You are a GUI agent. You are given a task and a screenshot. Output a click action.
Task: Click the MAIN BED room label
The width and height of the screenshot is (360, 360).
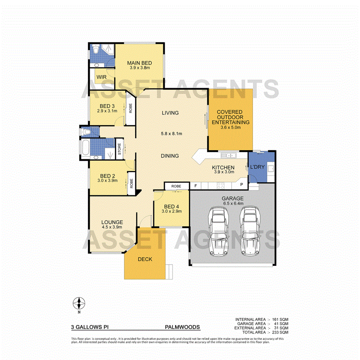139,63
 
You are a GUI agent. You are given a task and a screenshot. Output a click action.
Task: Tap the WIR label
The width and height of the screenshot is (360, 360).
102,77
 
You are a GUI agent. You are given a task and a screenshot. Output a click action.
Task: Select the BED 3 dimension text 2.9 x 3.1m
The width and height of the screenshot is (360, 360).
107,112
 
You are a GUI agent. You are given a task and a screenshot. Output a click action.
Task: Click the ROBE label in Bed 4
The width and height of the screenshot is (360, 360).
176,186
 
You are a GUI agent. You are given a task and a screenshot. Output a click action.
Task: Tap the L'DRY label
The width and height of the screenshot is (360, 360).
257,167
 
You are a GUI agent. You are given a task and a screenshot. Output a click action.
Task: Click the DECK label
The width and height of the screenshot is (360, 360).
145,259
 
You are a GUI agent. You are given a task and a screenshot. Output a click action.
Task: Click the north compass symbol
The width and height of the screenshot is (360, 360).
79,303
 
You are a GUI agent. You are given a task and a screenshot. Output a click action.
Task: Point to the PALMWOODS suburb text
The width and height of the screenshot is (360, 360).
182,327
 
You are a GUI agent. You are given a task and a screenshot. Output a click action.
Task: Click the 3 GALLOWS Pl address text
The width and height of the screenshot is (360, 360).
90,327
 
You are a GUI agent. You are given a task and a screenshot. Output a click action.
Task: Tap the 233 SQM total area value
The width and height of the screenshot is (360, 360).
281,332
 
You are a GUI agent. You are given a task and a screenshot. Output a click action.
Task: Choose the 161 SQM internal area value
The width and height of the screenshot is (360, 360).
281,319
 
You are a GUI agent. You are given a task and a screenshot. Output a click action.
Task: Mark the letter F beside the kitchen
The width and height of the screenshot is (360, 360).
196,186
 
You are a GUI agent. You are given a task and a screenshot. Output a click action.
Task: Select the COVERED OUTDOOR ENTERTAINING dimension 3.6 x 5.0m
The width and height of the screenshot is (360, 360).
230,127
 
